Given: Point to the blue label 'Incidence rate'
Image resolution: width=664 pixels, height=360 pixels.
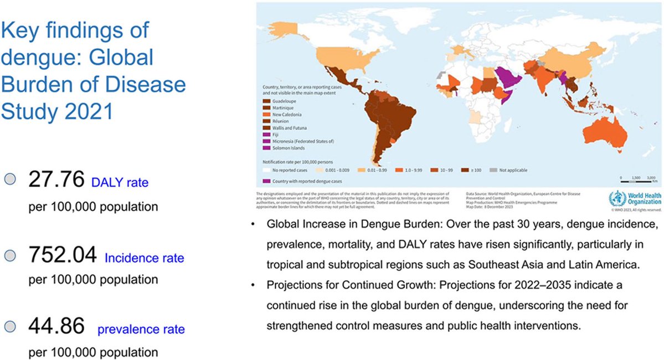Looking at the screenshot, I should click(145, 259).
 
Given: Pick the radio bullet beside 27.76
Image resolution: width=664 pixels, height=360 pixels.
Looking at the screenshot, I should click(10, 180).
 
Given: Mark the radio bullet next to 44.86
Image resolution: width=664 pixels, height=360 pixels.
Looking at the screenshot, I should click(10, 327).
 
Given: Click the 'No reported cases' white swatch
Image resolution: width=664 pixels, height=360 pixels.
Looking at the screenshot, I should click(266, 169).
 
